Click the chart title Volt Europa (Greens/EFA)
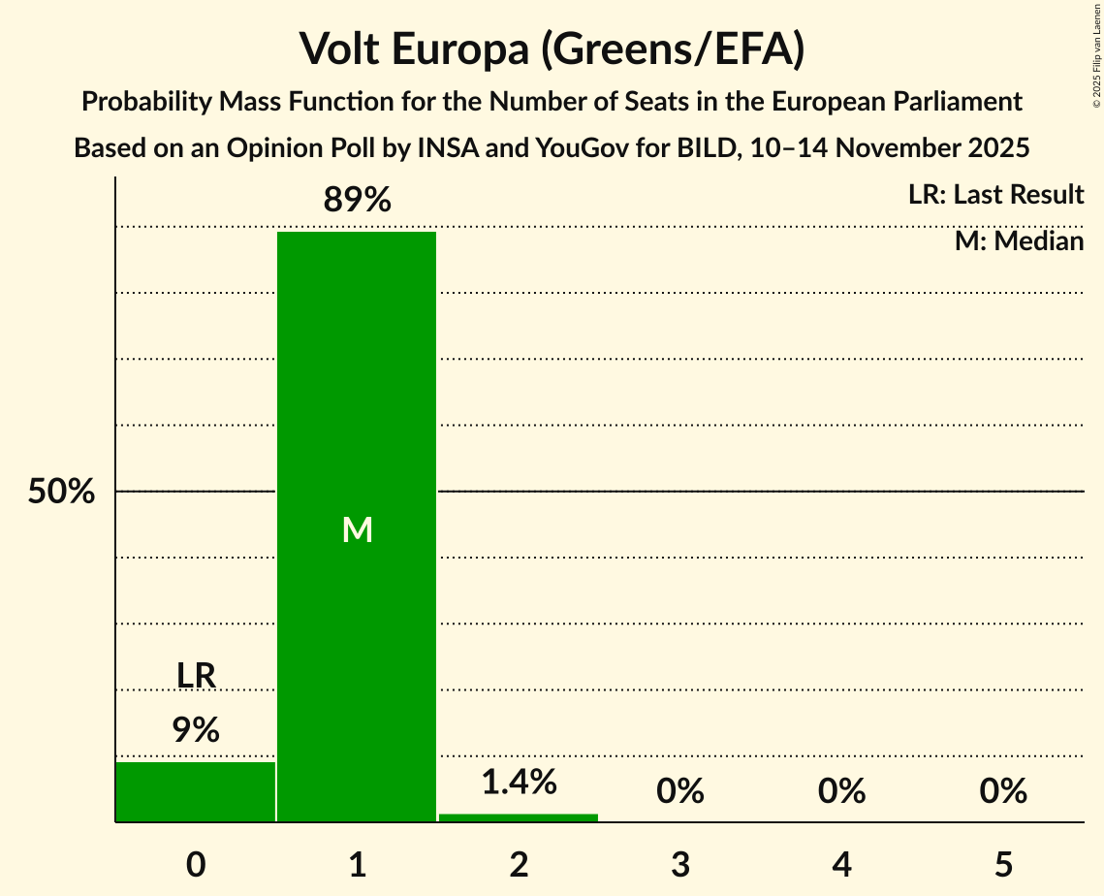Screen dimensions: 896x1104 (552, 48)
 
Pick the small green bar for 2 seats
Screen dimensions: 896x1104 (519, 817)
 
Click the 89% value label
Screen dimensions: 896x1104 (357, 201)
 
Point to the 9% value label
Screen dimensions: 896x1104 (196, 730)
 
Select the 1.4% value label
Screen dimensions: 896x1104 (519, 782)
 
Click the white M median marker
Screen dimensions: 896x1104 (357, 529)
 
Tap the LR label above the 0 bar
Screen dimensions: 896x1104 (196, 676)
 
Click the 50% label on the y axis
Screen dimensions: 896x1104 (61, 492)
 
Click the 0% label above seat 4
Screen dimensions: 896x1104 (841, 792)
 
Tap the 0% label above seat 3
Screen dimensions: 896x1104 (679, 792)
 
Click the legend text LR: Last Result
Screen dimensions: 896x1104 (995, 195)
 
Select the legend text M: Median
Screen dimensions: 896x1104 (1019, 240)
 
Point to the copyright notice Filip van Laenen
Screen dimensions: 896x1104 (1096, 49)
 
